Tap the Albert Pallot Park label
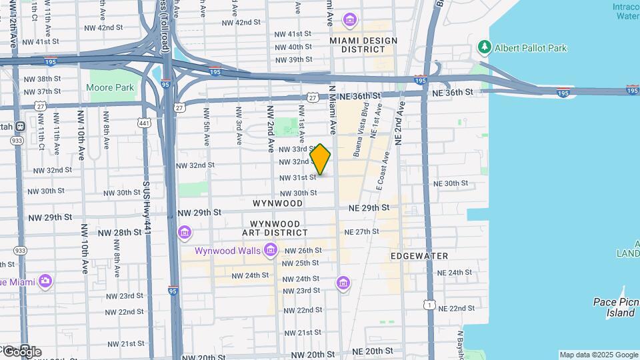pos(530,48)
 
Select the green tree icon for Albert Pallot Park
pos(485,47)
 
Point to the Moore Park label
pos(110,87)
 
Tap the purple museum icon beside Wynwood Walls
pos(271,251)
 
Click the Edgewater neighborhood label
pos(419,256)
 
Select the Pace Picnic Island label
pos(614,307)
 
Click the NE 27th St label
pos(361,232)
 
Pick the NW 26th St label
pos(303,251)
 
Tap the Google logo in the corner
pos(21,351)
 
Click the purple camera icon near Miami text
pos(45,281)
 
